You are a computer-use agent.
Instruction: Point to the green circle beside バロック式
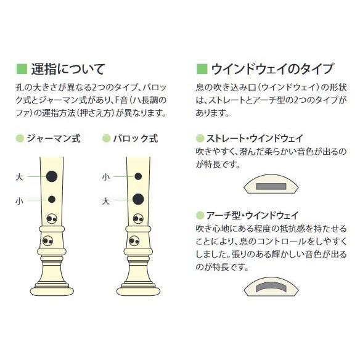107,139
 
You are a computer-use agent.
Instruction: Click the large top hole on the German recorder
52,177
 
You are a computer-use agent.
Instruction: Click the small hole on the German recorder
52,199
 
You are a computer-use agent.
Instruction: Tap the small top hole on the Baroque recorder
138,177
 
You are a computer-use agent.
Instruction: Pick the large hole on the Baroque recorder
138,199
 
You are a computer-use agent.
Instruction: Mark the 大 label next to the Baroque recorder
106,200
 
